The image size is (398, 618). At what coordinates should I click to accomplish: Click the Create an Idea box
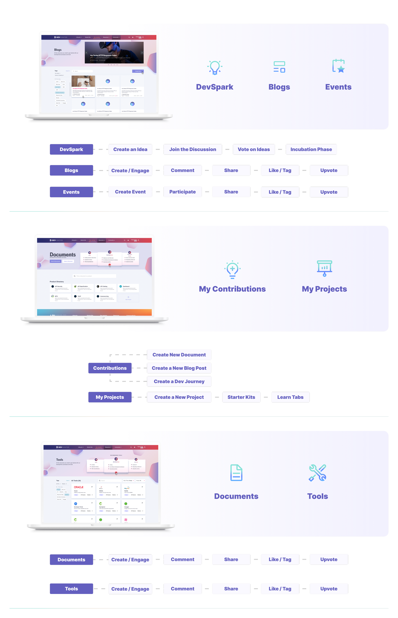(130, 149)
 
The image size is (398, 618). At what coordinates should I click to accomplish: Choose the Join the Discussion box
(192, 149)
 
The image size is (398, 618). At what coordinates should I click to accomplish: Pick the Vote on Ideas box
(254, 149)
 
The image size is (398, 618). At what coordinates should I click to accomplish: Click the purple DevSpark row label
(71, 149)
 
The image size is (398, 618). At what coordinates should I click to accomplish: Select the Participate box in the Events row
(182, 192)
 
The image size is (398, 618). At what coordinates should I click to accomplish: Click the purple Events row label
(71, 192)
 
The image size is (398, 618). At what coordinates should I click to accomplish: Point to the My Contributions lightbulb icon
(232, 269)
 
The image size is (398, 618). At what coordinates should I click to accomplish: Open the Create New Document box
(179, 355)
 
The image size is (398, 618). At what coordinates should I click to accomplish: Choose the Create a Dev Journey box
(179, 381)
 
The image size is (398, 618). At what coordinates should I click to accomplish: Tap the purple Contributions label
(110, 368)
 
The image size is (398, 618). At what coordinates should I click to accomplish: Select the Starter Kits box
(241, 397)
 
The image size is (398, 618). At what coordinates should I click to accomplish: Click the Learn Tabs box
(290, 397)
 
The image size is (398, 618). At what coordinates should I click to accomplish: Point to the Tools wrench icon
(317, 473)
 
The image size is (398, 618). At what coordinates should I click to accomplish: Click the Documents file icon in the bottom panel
(236, 473)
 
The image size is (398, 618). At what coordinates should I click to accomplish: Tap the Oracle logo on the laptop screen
(79, 487)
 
